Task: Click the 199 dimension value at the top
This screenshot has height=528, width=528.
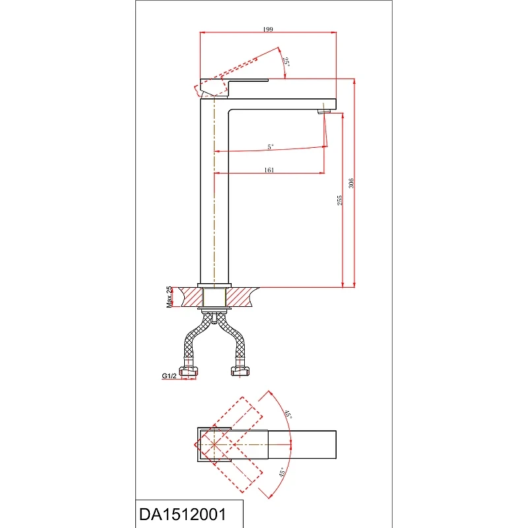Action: (x=268, y=29)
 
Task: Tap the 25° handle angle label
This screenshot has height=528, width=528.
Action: (x=286, y=62)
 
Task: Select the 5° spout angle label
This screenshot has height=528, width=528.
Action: (x=271, y=147)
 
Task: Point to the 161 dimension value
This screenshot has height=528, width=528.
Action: (x=269, y=170)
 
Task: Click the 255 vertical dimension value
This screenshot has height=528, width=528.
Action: (x=340, y=200)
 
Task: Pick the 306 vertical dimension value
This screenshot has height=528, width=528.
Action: (x=351, y=183)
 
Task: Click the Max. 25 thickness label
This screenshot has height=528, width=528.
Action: (x=169, y=297)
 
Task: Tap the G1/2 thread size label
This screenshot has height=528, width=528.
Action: (x=169, y=376)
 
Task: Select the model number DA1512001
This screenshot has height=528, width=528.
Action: (x=183, y=514)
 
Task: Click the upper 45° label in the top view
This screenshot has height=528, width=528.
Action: (x=288, y=414)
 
